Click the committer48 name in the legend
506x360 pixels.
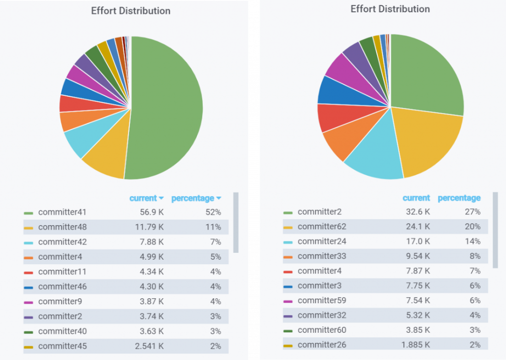62,227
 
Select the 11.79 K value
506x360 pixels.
150,227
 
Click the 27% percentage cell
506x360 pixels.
472,212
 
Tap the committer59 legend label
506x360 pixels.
322,300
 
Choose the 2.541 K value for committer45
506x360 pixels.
149,346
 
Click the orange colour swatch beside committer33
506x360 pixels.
288,257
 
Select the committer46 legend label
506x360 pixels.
62,286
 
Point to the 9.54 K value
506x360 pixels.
418,256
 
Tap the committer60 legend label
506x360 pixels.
322,330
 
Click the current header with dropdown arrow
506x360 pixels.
146,199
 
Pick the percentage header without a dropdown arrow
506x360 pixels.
459,198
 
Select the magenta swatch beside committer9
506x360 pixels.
29,302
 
